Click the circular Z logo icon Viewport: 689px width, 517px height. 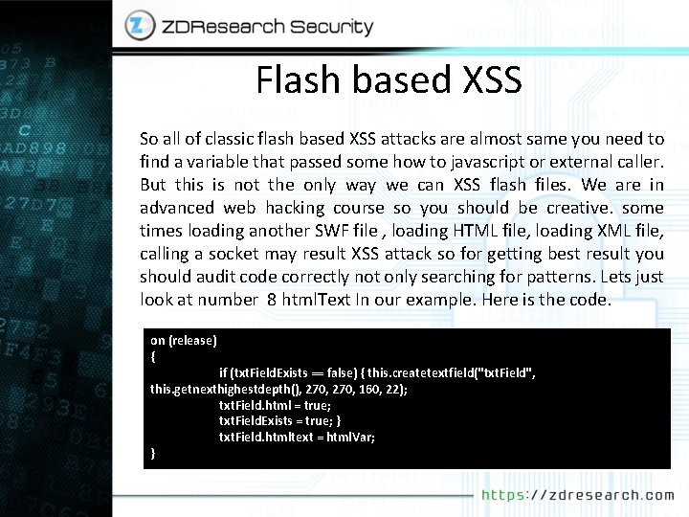pos(140,27)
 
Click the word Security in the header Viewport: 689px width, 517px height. pos(319,27)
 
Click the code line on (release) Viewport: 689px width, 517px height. pos(184,340)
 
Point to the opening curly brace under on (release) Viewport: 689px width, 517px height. pos(153,355)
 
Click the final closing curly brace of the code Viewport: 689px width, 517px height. pos(153,452)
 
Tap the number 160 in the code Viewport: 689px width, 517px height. pos(349,389)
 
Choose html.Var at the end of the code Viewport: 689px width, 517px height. pos(350,437)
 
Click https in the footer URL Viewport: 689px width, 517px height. pos(500,495)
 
